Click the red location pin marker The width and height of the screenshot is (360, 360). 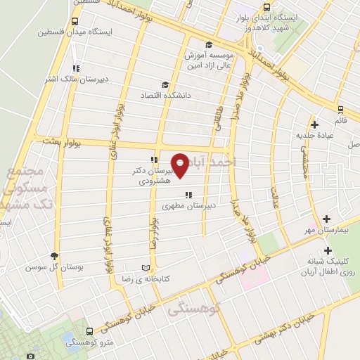180,166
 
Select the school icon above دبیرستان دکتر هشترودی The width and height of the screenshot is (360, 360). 153,160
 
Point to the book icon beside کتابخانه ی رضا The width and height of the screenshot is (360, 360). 146,268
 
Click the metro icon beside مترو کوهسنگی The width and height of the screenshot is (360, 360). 89,331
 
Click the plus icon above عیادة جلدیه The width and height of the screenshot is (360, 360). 314,124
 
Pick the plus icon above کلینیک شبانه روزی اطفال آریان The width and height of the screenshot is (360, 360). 328,250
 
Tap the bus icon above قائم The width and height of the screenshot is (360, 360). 340,109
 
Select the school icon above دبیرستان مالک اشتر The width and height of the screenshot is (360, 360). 75,68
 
